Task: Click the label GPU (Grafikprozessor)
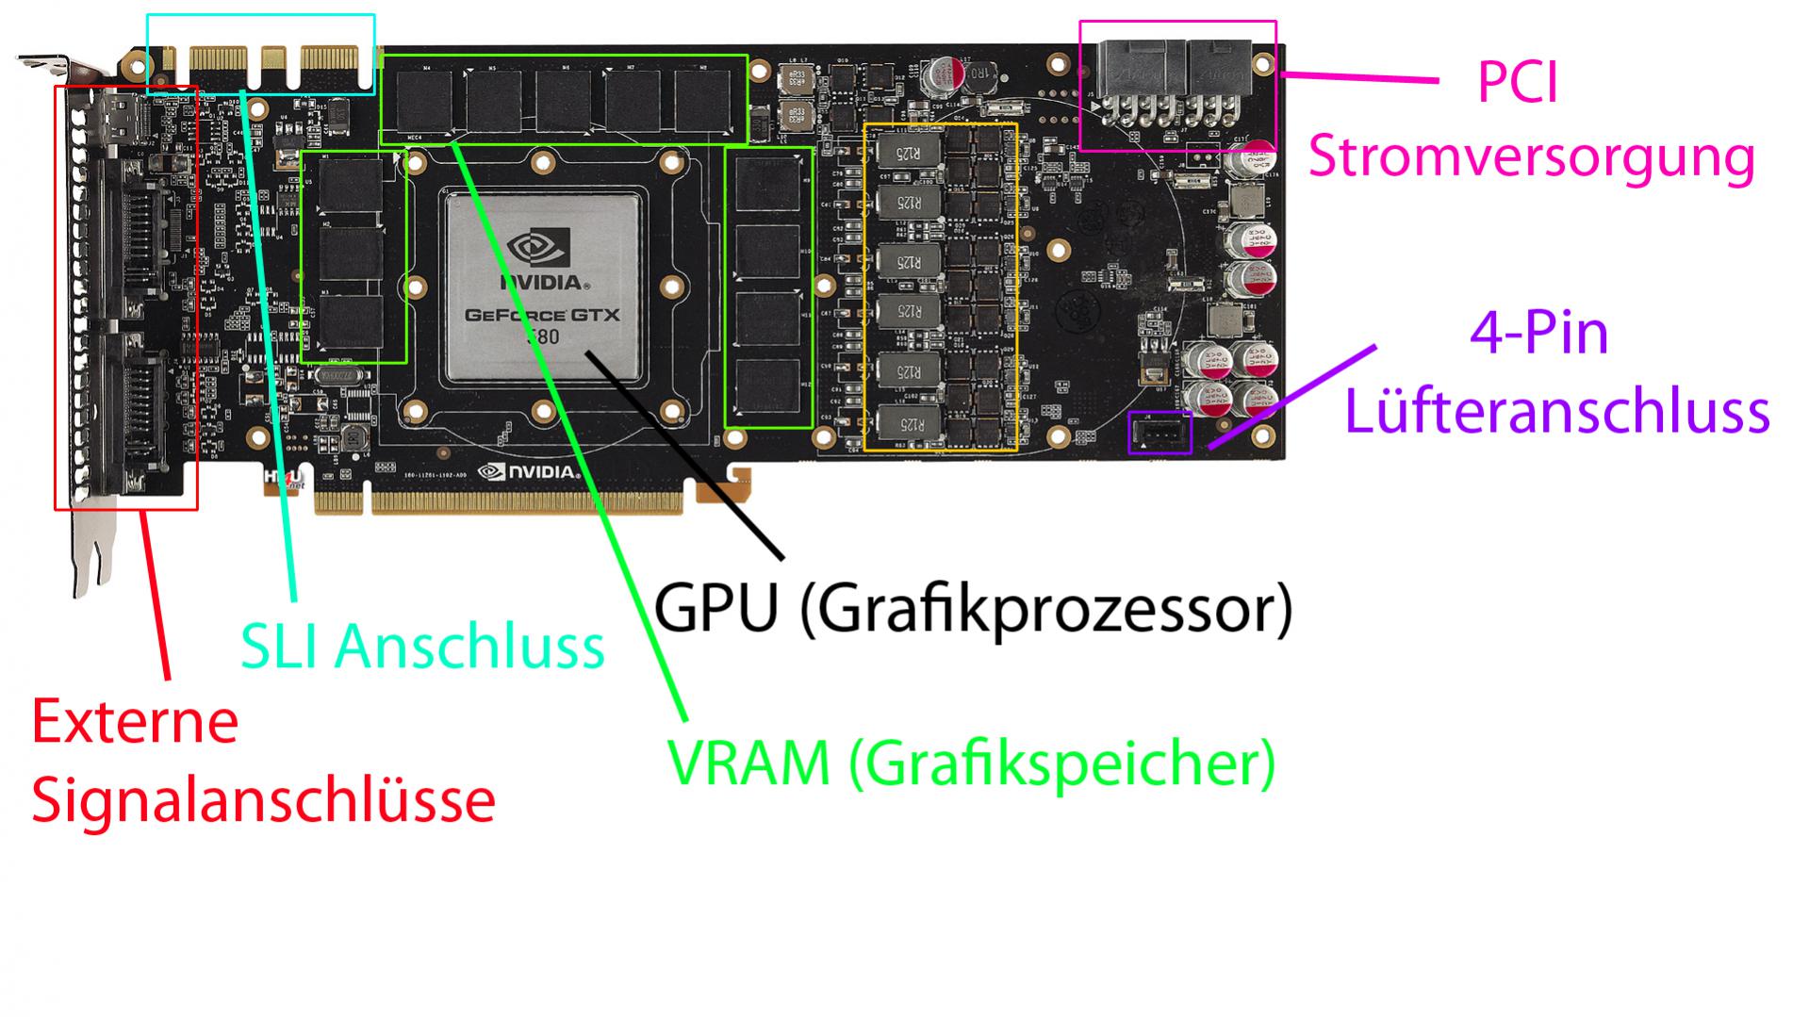point(972,610)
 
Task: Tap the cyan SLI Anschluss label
point(422,647)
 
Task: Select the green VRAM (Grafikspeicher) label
point(971,763)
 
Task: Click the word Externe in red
point(135,722)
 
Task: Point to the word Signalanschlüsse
point(263,800)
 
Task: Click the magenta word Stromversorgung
point(1531,156)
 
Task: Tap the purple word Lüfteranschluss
point(1556,412)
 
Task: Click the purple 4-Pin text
point(1538,334)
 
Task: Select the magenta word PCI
point(1517,83)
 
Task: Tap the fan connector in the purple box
point(1159,433)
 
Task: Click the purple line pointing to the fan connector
point(1291,396)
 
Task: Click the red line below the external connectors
point(156,594)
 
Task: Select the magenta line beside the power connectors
point(1357,77)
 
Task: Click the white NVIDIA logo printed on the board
point(529,471)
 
